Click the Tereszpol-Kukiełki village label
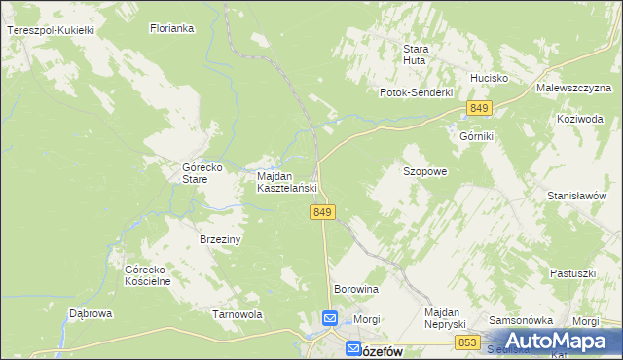pyautogui.click(x=50, y=31)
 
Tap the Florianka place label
pyautogui.click(x=172, y=29)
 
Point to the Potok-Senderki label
pyautogui.click(x=417, y=92)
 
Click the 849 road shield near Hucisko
pyautogui.click(x=479, y=108)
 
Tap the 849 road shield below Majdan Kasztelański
pyautogui.click(x=324, y=212)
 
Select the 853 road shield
pyautogui.click(x=467, y=342)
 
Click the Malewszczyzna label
pyautogui.click(x=572, y=88)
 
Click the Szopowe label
pyautogui.click(x=424, y=171)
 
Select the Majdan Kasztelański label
pyautogui.click(x=287, y=182)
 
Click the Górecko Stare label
pyautogui.click(x=203, y=173)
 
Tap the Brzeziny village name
pyautogui.click(x=220, y=238)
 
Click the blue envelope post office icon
pyautogui.click(x=330, y=318)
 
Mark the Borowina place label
pyautogui.click(x=355, y=290)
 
